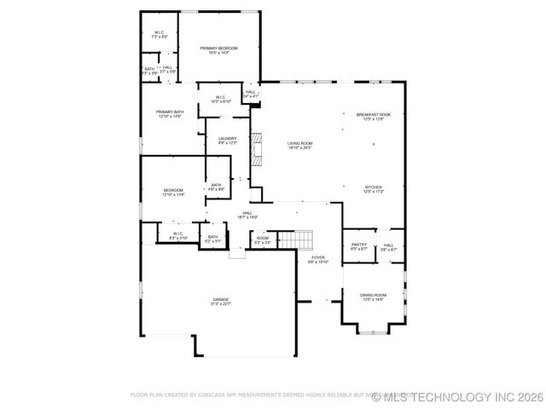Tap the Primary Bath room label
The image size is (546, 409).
169,113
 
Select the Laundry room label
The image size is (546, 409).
227,141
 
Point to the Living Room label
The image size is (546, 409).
299,146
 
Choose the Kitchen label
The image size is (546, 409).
374,189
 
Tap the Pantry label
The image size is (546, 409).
358,247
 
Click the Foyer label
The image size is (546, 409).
317,259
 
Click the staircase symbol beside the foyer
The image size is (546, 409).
298,240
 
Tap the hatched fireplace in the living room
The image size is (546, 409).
255,149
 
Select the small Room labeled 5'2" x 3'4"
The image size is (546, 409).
263,240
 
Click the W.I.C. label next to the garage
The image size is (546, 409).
177,235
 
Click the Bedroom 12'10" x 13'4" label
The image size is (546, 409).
173,192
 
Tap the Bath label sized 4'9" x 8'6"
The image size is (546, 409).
216,187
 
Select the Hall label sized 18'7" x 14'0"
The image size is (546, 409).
247,215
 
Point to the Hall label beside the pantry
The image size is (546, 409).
388,247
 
